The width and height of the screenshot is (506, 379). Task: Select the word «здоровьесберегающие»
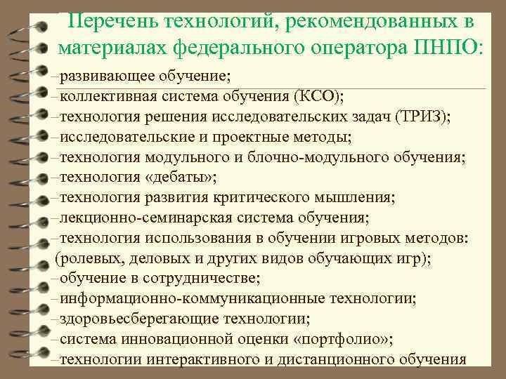[x=129, y=319]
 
